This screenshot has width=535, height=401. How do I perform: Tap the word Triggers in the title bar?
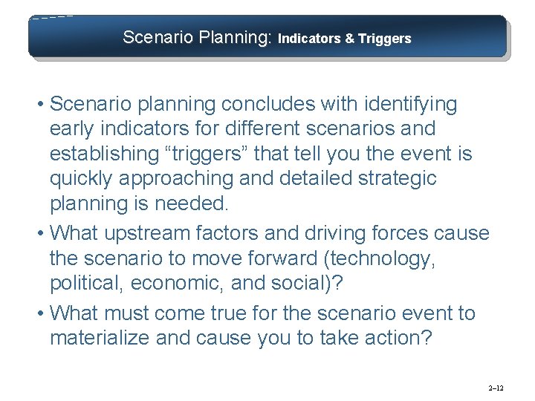click(x=384, y=39)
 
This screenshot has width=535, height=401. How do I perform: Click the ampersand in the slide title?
click(x=348, y=39)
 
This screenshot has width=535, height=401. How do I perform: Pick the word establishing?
click(x=105, y=154)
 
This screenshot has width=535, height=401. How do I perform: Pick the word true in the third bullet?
click(x=240, y=313)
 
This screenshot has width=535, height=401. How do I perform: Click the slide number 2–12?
click(x=496, y=388)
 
